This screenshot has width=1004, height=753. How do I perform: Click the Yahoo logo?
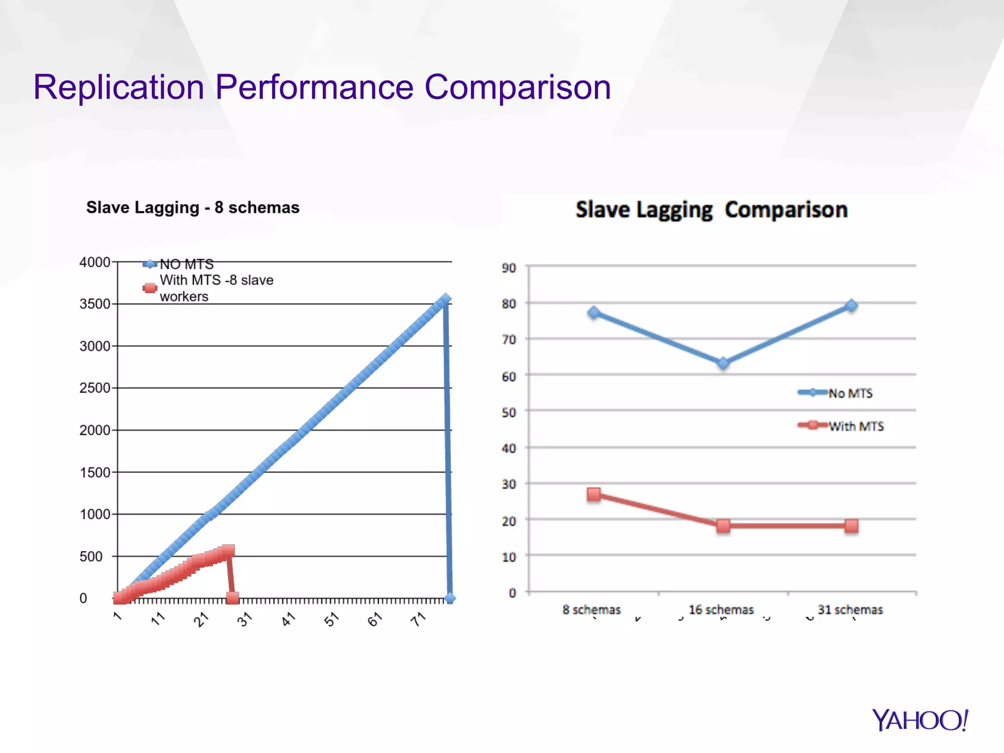(920, 721)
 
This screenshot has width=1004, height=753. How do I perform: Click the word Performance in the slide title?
(314, 88)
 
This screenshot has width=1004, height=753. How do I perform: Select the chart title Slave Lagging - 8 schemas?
(193, 207)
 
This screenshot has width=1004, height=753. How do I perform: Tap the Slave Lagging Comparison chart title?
(711, 210)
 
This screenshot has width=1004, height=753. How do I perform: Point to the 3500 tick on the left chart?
(95, 304)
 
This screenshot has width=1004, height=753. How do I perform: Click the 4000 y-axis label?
(95, 262)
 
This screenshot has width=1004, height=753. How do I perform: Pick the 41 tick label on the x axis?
(288, 619)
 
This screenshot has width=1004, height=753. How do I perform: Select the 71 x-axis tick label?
(418, 619)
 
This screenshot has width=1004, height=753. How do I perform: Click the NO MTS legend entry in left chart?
(186, 264)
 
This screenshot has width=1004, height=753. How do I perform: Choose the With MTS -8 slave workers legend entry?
(216, 288)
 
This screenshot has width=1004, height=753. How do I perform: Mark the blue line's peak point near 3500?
(445, 300)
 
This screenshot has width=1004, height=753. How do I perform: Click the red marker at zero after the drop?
(232, 598)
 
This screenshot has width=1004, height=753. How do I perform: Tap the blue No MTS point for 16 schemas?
(723, 363)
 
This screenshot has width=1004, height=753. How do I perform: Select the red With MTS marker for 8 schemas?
(594, 494)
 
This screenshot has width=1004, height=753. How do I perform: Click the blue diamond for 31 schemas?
(852, 305)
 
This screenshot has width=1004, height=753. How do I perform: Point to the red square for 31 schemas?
(852, 526)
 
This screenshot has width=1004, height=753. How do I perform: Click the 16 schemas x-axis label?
(721, 610)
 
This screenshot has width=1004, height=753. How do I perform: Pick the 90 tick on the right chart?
(509, 268)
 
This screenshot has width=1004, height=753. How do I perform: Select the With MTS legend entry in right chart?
(855, 426)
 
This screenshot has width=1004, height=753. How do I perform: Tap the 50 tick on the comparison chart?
(509, 412)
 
